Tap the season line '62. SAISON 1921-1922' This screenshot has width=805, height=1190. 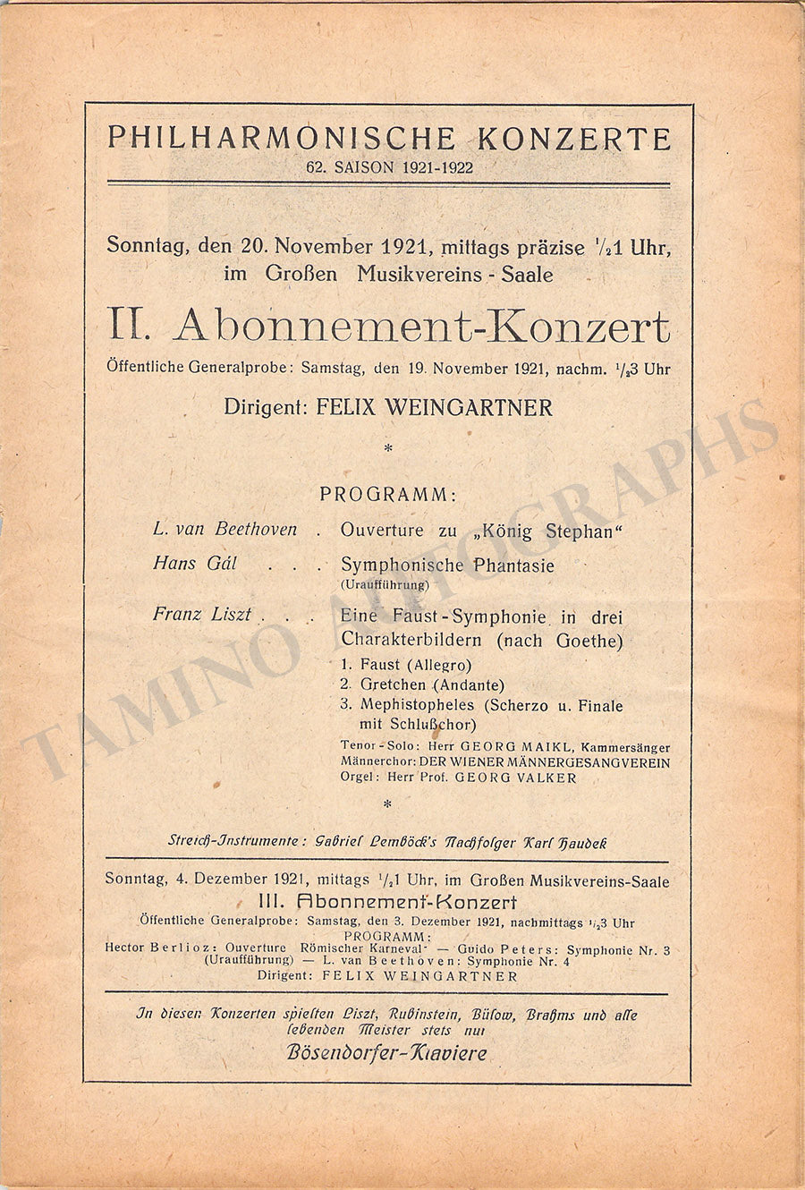click(x=389, y=167)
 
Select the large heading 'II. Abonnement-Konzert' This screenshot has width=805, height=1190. click(x=389, y=327)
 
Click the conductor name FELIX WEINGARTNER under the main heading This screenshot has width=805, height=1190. click(x=435, y=408)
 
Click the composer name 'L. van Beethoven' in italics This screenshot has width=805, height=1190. click(x=225, y=529)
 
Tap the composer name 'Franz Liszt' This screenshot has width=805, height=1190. click(x=202, y=615)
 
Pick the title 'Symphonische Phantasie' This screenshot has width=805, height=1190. click(x=447, y=565)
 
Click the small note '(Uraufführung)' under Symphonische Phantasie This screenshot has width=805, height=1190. click(x=385, y=585)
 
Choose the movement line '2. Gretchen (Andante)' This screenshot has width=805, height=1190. click(x=422, y=685)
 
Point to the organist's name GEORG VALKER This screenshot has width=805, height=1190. click(x=515, y=778)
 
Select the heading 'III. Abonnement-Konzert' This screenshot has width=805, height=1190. click(x=387, y=902)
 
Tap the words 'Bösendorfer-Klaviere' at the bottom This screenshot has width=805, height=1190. click(x=386, y=1052)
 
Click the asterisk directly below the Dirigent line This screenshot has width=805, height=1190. click(x=387, y=449)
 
